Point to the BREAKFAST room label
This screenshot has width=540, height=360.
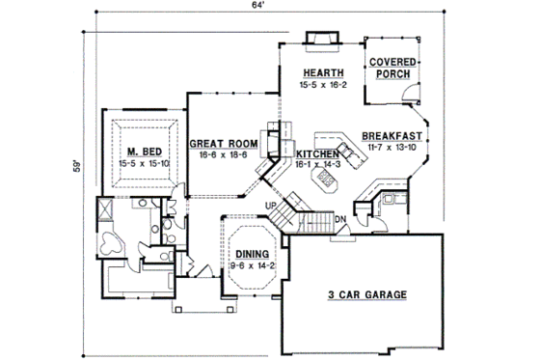click(x=393, y=136)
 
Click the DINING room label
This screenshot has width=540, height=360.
click(x=253, y=254)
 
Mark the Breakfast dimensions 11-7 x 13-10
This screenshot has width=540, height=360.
click(x=393, y=148)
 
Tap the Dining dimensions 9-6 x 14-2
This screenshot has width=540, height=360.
click(x=253, y=265)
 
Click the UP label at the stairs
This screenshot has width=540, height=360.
click(x=271, y=207)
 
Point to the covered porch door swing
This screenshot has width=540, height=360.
click(x=411, y=93)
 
